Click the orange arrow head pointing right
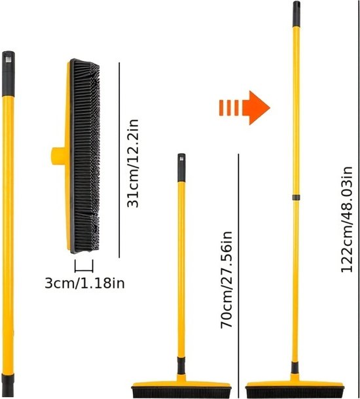click(x=256, y=108)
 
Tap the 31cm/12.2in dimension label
click(x=133, y=163)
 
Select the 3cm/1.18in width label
click(x=85, y=283)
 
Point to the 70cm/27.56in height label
click(x=226, y=279)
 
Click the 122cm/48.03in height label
click(x=346, y=219)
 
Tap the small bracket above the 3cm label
click(x=84, y=266)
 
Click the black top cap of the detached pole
click(x=9, y=74)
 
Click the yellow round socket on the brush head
click(x=59, y=156)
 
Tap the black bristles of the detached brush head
click(x=85, y=156)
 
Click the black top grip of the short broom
click(x=181, y=167)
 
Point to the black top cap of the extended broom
click(x=296, y=14)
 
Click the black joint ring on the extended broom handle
click(x=296, y=197)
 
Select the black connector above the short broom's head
click(x=181, y=366)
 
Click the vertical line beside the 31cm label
click(x=119, y=160)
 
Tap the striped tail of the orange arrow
click(x=229, y=108)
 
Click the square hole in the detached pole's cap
click(x=8, y=60)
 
